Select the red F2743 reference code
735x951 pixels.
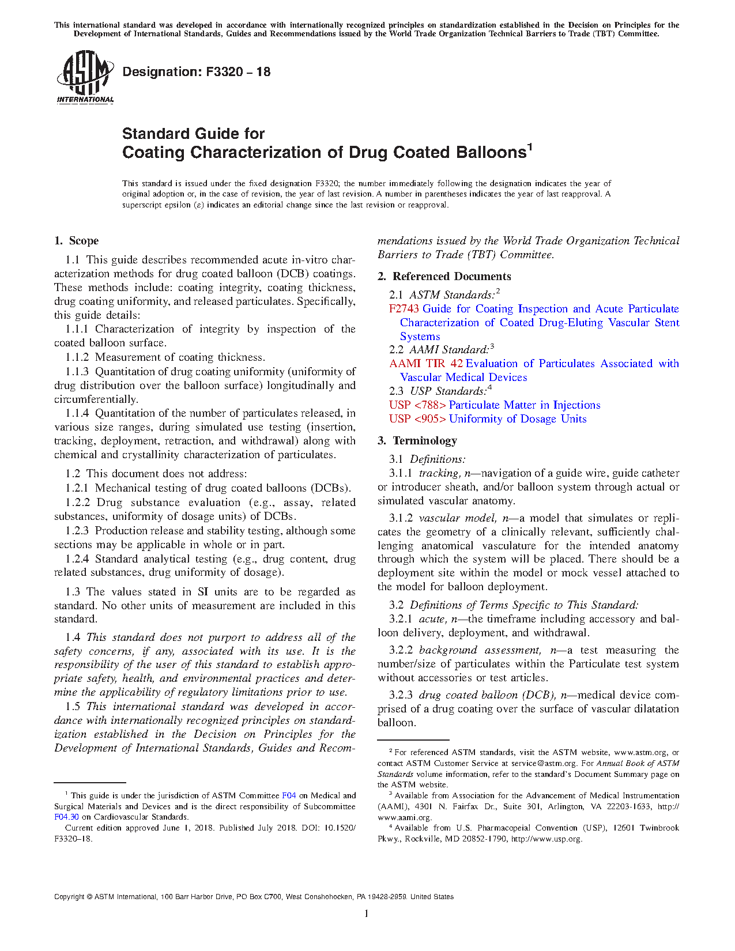[404, 309]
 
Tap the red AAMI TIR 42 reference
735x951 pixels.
[426, 364]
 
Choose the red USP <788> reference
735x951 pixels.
[417, 405]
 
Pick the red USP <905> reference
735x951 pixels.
[417, 419]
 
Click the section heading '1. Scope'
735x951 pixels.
[77, 241]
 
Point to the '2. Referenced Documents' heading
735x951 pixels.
[444, 277]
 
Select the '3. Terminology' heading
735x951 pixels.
[417, 441]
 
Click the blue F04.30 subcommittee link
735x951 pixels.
[66, 817]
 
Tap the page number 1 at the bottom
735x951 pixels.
[367, 914]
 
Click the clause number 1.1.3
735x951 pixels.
[77, 372]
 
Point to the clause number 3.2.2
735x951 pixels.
[401, 650]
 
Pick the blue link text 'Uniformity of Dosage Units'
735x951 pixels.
[518, 419]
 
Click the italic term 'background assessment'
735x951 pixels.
[480, 650]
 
